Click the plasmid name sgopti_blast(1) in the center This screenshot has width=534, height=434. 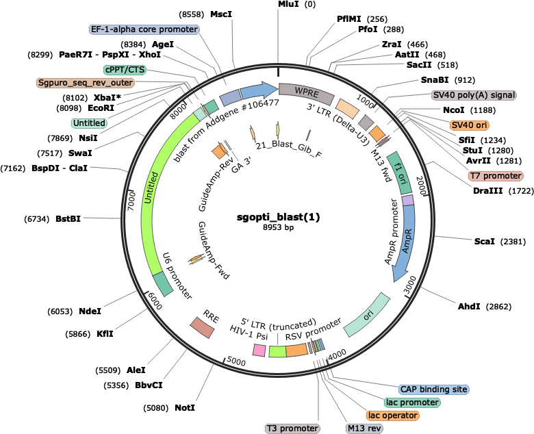278,217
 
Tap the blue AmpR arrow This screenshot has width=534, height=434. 405,244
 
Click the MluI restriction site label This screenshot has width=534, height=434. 288,4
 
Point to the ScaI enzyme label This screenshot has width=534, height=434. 484,242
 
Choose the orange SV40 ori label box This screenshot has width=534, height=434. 469,125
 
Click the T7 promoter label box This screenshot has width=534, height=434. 496,176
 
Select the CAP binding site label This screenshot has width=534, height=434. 433,389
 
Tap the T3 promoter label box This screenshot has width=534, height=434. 292,429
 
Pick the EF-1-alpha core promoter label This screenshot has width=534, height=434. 144,29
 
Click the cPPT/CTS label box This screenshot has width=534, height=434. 125,70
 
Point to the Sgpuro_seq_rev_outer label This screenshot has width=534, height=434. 85,83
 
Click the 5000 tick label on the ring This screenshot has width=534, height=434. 236,361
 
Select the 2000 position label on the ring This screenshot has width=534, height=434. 421,186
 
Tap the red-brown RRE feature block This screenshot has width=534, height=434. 202,328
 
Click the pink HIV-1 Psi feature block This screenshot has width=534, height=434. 259,350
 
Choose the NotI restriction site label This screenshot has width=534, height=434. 185,407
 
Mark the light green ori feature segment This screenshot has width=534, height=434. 367,315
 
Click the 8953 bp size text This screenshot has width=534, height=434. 278,227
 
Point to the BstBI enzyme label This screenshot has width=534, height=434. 68,218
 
